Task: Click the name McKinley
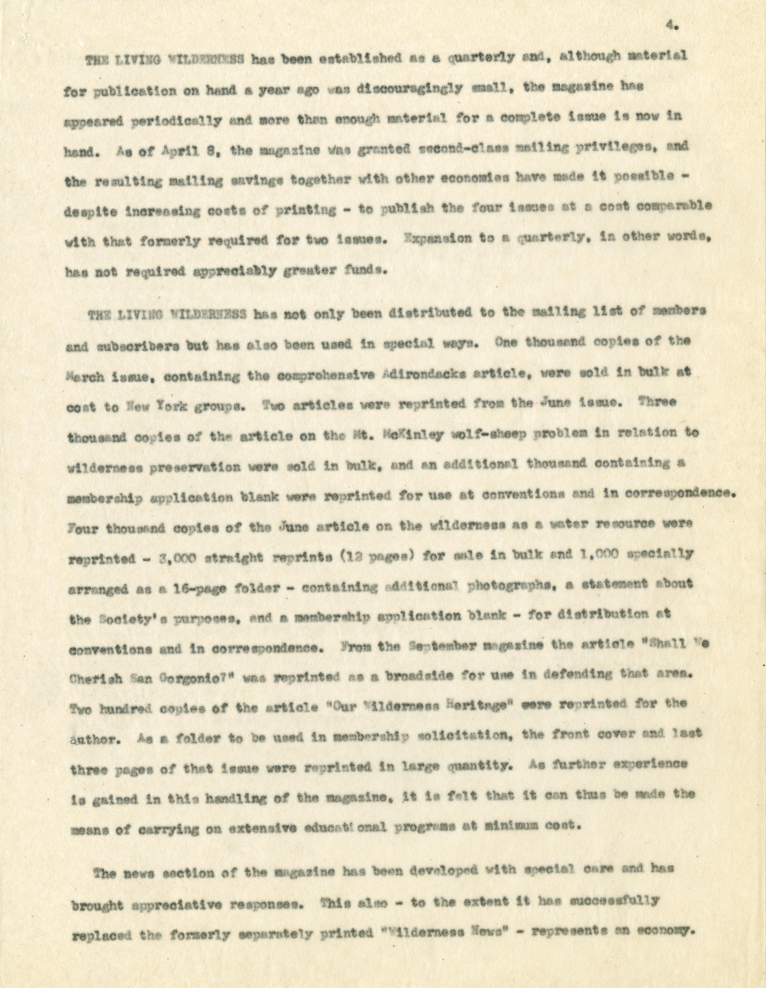tap(419, 433)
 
